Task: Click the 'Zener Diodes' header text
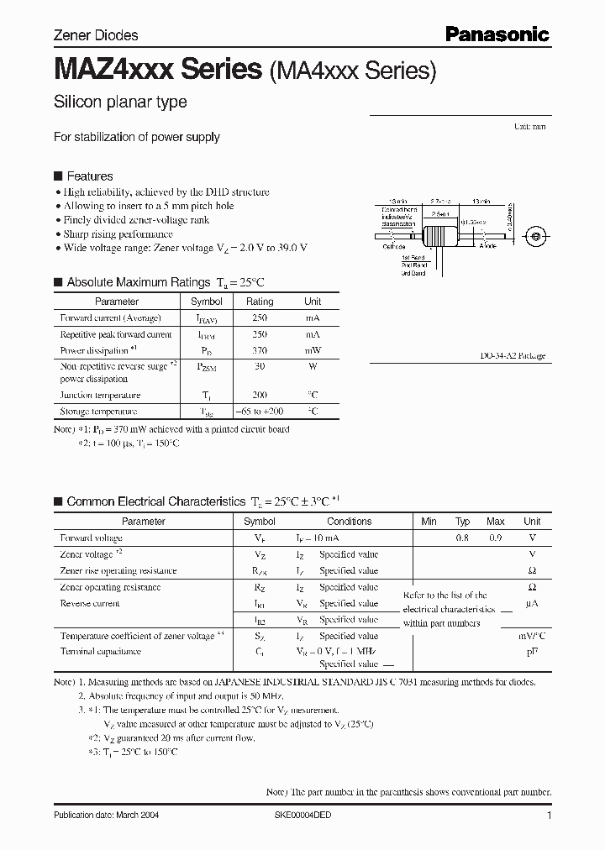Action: click(x=96, y=35)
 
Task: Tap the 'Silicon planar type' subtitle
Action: click(x=120, y=102)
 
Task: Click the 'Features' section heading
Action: click(x=89, y=176)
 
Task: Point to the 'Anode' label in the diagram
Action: click(x=487, y=246)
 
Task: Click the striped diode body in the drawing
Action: click(x=440, y=236)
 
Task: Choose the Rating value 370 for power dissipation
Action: click(x=260, y=350)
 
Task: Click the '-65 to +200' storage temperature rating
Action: click(x=260, y=412)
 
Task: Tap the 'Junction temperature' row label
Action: click(x=100, y=395)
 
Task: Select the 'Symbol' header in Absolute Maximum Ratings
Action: click(x=207, y=302)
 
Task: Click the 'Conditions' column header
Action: click(x=350, y=522)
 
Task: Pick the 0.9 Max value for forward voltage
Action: click(x=496, y=538)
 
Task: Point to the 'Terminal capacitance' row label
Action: click(x=100, y=652)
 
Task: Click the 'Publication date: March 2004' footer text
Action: click(x=107, y=816)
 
